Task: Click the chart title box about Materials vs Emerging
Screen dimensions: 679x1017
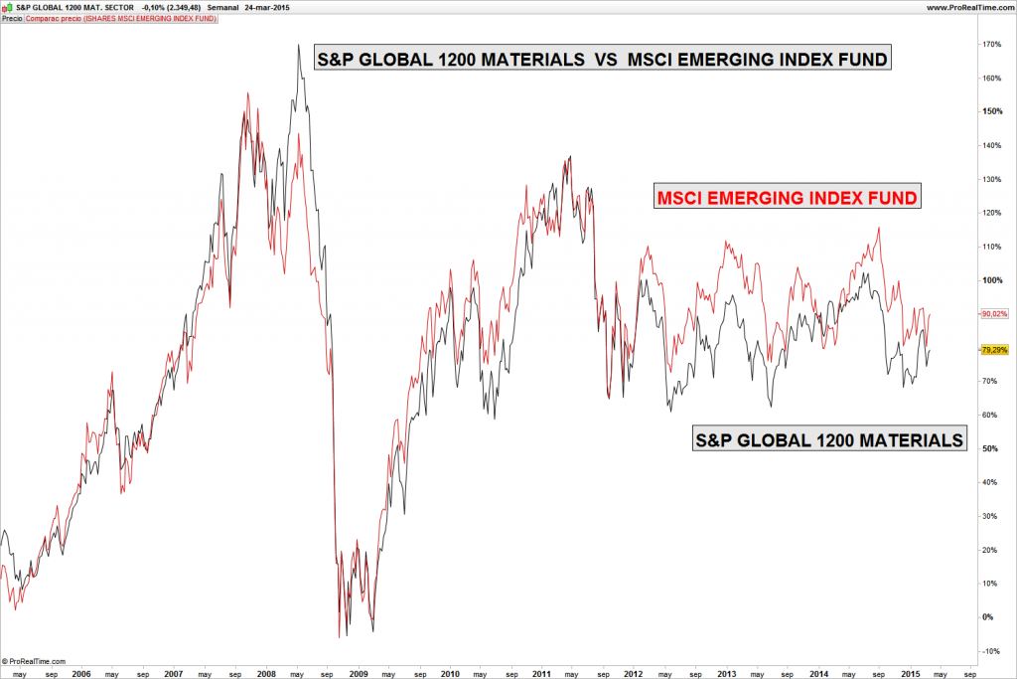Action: point(602,60)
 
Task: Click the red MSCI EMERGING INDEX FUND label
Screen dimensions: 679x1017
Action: point(787,197)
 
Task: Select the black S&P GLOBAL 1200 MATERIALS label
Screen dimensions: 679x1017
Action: point(829,438)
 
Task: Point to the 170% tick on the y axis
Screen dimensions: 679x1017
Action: point(990,45)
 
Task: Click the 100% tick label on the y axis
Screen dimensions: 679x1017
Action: point(990,280)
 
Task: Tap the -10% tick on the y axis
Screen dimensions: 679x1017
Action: point(990,651)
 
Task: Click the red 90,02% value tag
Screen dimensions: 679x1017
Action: point(993,314)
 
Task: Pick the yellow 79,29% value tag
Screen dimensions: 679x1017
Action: point(993,350)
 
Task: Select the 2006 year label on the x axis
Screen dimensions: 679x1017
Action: point(82,673)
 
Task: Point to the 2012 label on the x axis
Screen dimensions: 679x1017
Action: point(633,673)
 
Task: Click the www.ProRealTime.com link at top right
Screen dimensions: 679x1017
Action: point(968,7)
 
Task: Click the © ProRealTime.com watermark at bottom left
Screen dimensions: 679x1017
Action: point(35,660)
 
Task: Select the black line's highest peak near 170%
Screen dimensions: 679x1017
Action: point(298,45)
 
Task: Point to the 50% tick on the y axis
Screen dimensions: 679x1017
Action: point(990,448)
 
